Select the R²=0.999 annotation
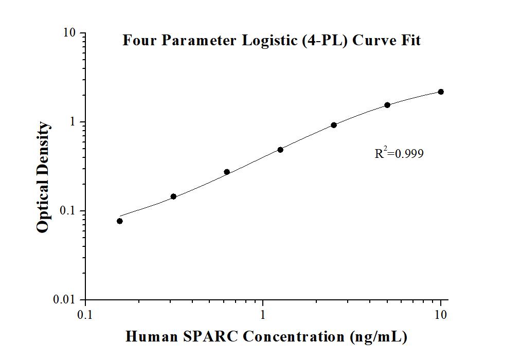click(399, 153)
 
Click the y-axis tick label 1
click(73, 122)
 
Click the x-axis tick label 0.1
click(85, 314)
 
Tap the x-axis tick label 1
click(263, 314)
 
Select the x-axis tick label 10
click(441, 314)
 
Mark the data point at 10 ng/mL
click(441, 92)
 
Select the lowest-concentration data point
click(120, 221)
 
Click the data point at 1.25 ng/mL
click(280, 150)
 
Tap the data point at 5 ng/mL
click(387, 105)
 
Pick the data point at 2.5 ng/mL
click(334, 125)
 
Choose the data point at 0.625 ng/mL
click(227, 172)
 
